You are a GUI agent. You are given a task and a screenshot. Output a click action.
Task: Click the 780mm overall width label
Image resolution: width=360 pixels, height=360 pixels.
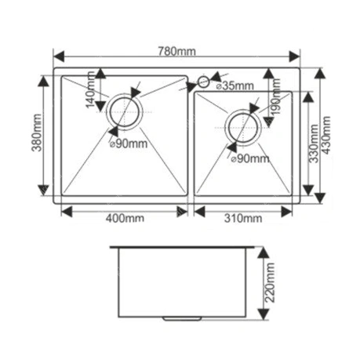click(176, 51)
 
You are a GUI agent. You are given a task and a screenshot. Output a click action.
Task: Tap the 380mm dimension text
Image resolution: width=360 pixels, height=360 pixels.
click(37, 133)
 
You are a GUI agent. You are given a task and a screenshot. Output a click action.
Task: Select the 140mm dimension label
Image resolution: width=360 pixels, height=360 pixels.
click(90, 89)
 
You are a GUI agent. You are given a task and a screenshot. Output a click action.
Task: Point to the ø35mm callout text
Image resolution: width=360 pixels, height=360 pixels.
click(235, 85)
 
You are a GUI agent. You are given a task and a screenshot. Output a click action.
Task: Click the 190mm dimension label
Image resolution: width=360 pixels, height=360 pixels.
click(276, 96)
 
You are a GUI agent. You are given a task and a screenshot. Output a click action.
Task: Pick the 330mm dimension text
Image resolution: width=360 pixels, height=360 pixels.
click(314, 144)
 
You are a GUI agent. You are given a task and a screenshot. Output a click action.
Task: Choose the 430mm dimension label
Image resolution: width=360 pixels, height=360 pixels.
click(325, 135)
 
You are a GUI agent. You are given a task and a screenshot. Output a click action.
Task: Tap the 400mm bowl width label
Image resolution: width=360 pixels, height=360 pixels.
click(125, 218)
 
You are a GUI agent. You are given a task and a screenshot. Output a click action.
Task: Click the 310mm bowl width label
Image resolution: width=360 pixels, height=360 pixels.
click(243, 218)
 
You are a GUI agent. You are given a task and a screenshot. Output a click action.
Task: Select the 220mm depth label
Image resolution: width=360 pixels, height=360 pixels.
click(270, 282)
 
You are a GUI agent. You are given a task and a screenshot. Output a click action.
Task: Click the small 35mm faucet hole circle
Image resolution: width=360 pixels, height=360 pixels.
click(203, 82)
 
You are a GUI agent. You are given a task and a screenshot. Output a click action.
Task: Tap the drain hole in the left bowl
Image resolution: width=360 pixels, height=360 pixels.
click(125, 112)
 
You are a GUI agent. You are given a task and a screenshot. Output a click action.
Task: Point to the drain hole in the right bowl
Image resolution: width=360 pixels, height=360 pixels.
click(243, 128)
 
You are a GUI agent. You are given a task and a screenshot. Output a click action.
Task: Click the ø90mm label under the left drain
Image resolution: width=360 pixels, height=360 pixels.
click(129, 144)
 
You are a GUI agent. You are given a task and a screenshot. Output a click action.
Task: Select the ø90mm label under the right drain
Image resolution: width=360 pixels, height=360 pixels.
click(250, 158)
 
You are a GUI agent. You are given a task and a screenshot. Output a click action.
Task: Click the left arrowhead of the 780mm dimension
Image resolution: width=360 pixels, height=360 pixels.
click(59, 56)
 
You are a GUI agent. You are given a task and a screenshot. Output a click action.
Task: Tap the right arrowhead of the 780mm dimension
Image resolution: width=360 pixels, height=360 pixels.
click(295, 56)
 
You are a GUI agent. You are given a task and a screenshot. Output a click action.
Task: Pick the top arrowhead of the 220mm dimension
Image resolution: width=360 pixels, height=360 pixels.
click(264, 253)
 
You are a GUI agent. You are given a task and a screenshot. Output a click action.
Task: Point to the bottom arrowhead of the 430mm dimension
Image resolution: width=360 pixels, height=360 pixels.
click(320, 198)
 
